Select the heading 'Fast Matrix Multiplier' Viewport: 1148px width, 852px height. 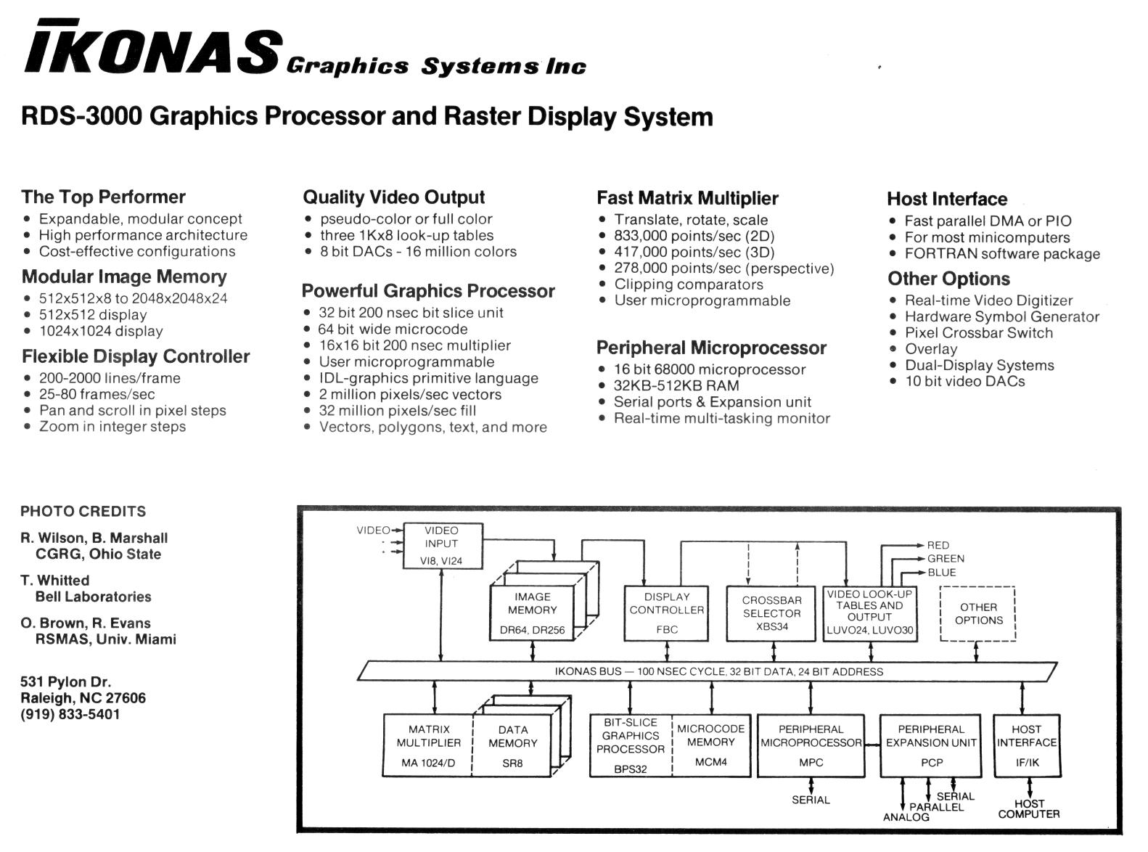[687, 198]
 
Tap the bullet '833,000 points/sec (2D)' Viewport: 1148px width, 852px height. [694, 236]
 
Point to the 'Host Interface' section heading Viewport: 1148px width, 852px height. [947, 199]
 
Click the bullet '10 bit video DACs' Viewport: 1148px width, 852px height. [964, 382]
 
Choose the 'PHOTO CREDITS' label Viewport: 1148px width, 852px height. [83, 512]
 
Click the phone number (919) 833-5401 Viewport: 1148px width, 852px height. [70, 714]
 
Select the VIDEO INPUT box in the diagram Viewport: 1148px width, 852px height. [441, 546]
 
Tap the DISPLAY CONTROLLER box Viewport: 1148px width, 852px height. [666, 613]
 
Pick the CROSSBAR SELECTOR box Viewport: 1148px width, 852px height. [771, 613]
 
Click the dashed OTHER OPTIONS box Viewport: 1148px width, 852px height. [978, 614]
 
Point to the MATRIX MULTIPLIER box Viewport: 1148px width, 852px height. [428, 745]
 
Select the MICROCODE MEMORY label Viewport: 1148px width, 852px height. [711, 735]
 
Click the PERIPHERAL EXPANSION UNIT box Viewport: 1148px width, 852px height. [931, 745]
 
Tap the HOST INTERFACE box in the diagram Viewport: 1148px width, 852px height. [1026, 745]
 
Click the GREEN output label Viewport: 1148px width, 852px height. [946, 559]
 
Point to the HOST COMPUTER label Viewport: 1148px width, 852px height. [1028, 809]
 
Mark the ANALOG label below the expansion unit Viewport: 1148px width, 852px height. [906, 818]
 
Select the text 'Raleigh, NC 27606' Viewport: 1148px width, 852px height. [83, 698]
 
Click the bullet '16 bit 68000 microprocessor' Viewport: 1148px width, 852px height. [709, 369]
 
